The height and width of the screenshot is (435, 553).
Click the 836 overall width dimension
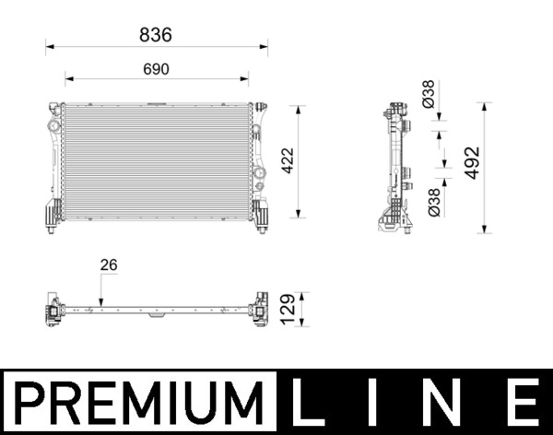pos(156,34)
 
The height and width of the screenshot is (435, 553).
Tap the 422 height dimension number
pos(287,162)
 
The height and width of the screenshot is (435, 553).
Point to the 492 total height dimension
pos(473,162)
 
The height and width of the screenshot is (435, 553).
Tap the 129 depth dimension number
pos(287,310)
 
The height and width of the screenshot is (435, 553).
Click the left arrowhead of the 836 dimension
pos(49,44)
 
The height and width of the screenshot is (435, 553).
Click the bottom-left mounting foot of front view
pos(52,216)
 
